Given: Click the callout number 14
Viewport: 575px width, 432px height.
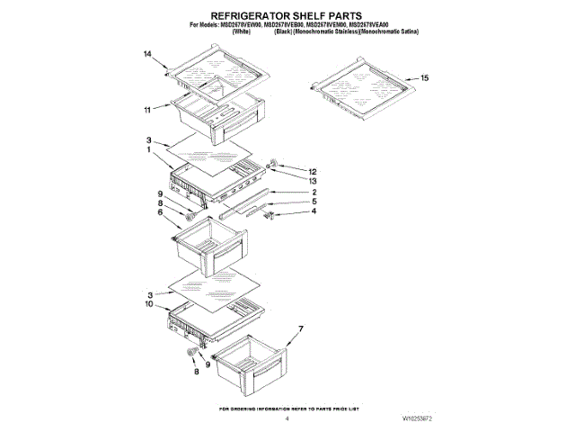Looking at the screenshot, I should (x=148, y=55).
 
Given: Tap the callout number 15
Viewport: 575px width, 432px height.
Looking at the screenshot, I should (x=424, y=78).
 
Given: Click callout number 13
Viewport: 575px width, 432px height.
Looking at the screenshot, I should (x=314, y=180).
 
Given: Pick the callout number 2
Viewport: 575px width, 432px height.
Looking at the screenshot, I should (x=314, y=192).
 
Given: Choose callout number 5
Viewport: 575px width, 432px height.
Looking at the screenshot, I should (x=314, y=202).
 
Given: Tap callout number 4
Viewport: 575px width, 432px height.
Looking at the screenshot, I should (x=314, y=212).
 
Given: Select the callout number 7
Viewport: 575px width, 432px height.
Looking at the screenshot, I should (x=301, y=328).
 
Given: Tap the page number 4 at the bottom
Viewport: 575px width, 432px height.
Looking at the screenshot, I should (x=287, y=418).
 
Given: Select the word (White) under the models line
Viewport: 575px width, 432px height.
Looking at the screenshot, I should (x=241, y=31).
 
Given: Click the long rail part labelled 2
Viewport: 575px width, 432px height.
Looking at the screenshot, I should (x=244, y=202).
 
